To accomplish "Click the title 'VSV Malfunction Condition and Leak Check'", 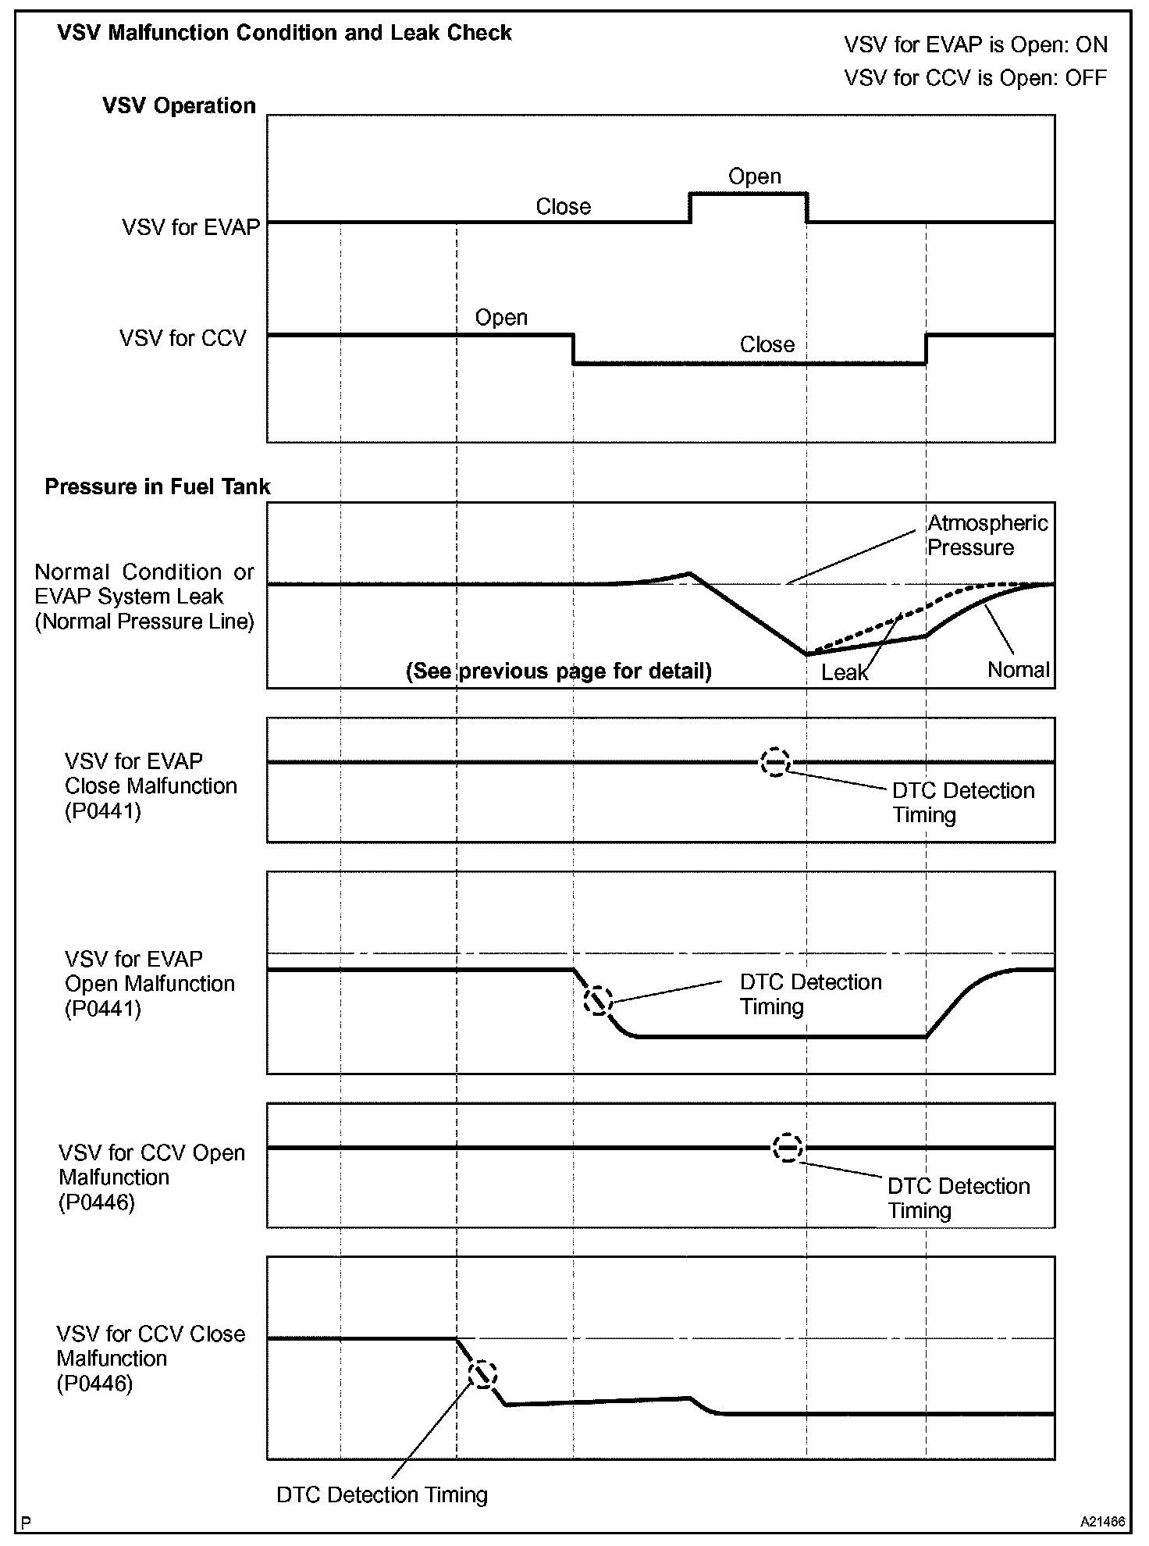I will point(284,34).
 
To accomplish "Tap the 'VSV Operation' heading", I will point(179,106).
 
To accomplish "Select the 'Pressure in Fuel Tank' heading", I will point(157,487).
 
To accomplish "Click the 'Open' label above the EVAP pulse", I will point(754,176).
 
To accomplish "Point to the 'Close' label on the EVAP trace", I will point(563,207).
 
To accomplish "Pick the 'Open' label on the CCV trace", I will point(501,318).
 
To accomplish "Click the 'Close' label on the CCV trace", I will point(767,345).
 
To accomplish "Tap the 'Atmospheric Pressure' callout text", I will point(987,536).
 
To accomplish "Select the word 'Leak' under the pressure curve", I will point(844,672).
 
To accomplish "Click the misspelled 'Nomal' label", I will point(1018,670).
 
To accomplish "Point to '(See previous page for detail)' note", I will point(558,671).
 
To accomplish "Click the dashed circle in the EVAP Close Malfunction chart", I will point(775,762).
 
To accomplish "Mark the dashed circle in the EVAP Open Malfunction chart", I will point(598,1000).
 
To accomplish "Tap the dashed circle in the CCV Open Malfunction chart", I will point(787,1148).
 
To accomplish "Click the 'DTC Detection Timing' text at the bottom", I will point(382,1494).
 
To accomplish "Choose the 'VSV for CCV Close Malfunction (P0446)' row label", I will point(150,1359).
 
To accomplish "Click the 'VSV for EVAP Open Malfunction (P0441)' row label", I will point(149,984).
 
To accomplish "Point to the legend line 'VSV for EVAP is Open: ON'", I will point(975,45).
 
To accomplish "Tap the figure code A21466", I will point(1102,1522).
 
